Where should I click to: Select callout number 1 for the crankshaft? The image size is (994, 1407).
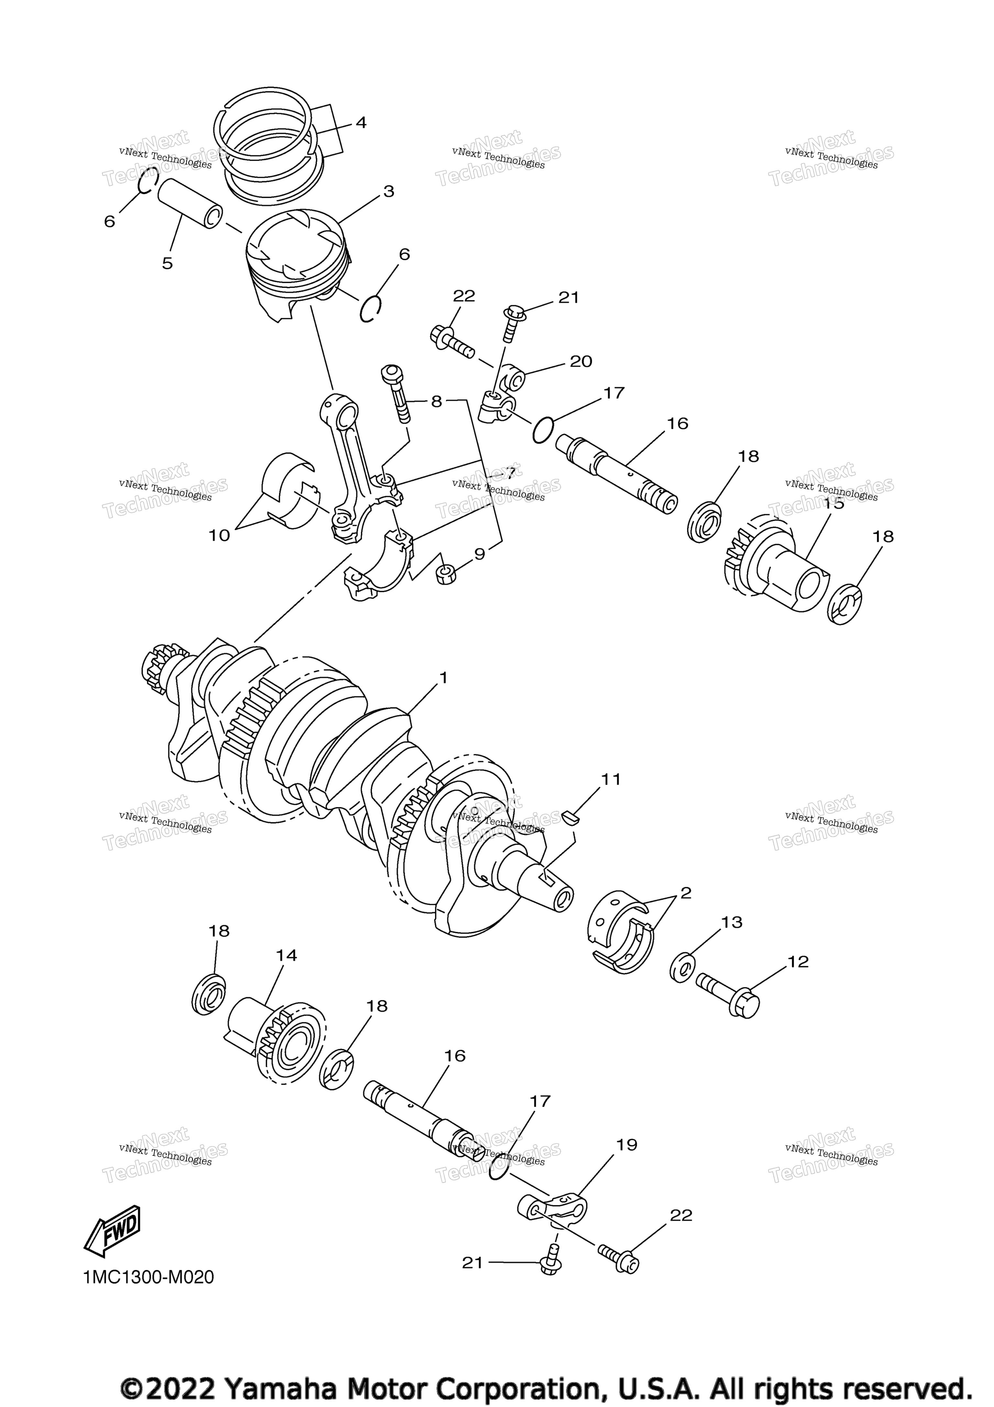443,678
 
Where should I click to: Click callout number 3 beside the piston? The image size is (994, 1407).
389,191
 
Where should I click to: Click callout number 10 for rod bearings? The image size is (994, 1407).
219,535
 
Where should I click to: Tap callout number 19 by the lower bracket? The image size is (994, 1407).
627,1145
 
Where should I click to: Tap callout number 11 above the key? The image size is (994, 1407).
611,779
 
